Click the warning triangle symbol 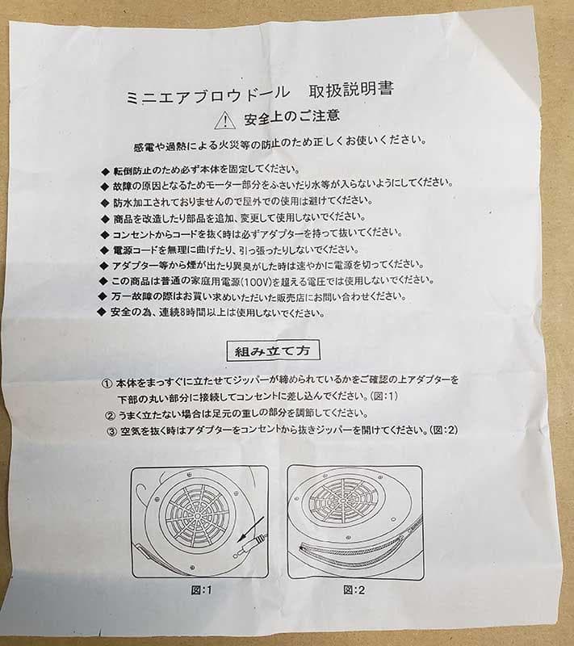pyautogui.click(x=224, y=120)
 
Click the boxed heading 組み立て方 pyautogui.click(x=273, y=351)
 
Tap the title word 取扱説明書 pyautogui.click(x=351, y=90)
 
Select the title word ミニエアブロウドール pyautogui.click(x=208, y=95)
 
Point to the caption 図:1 pyautogui.click(x=201, y=590)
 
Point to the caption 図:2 pyautogui.click(x=354, y=589)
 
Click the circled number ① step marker pyautogui.click(x=107, y=384)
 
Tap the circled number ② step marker pyautogui.click(x=110, y=415)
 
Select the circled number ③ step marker pyautogui.click(x=112, y=432)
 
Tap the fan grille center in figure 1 pyautogui.click(x=197, y=515)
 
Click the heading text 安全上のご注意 pyautogui.click(x=292, y=116)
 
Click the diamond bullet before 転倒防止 pyautogui.click(x=105, y=171)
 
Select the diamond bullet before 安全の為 pyautogui.click(x=101, y=312)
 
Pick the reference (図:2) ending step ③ pyautogui.click(x=443, y=430)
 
